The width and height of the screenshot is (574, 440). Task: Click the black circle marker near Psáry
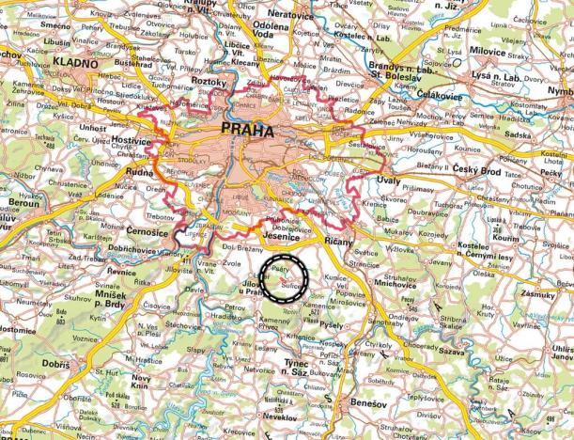coord(285,276)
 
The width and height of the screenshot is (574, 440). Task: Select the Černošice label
coord(151,230)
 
